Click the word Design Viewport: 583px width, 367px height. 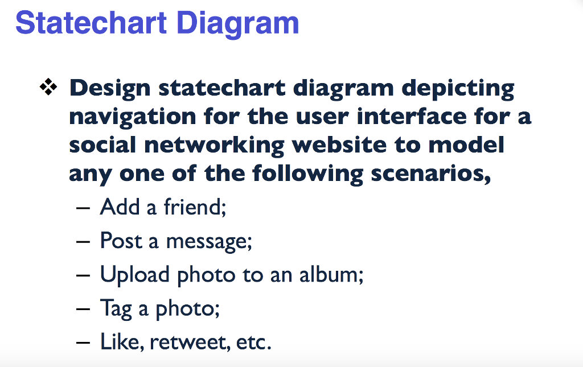tap(110, 89)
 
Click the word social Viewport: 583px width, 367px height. tap(102, 145)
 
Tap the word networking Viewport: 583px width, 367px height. tap(214, 146)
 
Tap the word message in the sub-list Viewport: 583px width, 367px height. tap(208, 242)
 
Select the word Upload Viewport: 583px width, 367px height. tap(135, 275)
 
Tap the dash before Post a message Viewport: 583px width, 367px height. tap(83, 241)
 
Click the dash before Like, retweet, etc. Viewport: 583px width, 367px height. tap(83, 343)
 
